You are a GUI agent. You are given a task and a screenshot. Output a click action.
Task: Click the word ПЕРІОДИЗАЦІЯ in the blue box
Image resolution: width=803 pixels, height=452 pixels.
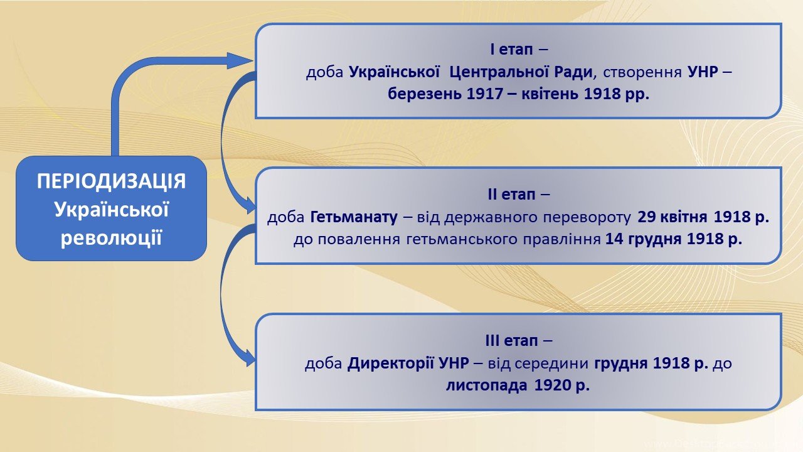point(112,181)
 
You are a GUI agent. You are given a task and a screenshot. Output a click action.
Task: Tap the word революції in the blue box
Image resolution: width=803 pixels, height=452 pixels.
point(112,239)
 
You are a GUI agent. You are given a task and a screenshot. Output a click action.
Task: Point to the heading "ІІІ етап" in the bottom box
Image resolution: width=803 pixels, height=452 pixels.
point(511,340)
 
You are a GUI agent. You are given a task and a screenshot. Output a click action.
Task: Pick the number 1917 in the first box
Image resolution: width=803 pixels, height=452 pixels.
point(485,94)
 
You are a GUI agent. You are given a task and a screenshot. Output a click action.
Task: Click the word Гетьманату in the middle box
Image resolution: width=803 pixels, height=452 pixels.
point(354,217)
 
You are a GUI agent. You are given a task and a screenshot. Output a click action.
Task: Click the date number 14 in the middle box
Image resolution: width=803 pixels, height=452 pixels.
point(614,239)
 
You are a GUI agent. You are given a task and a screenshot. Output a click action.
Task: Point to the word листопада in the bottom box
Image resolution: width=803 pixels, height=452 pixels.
point(487,385)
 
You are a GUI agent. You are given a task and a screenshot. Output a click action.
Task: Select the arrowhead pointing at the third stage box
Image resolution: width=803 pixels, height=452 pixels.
point(250,358)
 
